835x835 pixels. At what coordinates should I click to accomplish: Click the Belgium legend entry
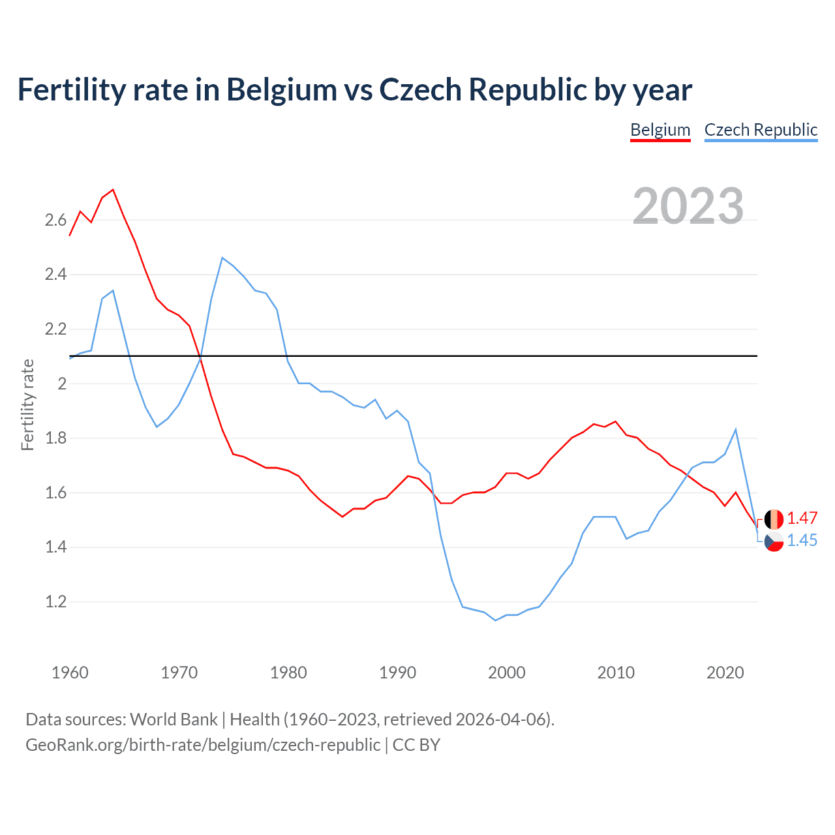pos(660,130)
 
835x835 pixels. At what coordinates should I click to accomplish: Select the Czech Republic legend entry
pos(761,130)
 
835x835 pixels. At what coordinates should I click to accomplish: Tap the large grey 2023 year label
pos(688,206)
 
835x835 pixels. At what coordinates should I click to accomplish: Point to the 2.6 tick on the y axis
pos(55,220)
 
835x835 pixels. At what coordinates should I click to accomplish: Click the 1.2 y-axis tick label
pos(55,601)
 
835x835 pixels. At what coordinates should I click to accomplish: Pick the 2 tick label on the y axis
pos(62,384)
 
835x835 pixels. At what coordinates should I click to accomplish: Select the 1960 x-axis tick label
pos(70,673)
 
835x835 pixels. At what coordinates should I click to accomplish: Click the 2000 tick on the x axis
pos(506,673)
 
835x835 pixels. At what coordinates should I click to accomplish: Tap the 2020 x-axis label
pos(725,673)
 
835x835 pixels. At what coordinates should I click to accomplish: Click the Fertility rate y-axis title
pos(27,404)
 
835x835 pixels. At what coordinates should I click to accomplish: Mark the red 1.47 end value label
pos(802,519)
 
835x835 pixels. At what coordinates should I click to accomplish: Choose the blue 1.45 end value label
pos(802,541)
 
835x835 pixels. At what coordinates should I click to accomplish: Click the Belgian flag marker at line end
pos(774,519)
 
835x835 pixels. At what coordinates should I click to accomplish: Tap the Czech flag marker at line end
pos(774,541)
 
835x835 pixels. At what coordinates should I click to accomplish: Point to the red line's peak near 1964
pos(113,190)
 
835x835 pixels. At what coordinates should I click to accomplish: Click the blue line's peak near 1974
pos(222,258)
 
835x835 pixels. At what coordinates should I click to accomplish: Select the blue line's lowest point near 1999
pos(495,620)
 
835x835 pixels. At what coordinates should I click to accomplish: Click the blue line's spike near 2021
pos(736,429)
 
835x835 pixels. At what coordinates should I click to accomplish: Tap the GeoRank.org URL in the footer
pos(203,745)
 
